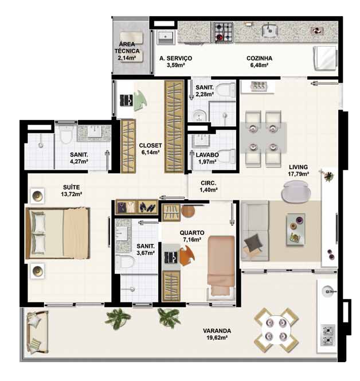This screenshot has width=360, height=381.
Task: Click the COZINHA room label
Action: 259,59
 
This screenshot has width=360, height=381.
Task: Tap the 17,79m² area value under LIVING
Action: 298,174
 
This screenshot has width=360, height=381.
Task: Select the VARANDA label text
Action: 217,331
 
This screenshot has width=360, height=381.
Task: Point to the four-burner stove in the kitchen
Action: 224,32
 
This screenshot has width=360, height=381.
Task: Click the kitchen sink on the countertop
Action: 269,30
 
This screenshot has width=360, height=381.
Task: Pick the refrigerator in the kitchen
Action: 325,58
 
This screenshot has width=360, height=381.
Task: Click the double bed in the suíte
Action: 58,233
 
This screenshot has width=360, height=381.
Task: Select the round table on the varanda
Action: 276,330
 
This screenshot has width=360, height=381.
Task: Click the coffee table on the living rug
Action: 296,230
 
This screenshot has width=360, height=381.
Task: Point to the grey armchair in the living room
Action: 296,192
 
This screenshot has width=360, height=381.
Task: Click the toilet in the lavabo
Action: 227,156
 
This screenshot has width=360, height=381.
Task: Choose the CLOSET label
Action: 150,145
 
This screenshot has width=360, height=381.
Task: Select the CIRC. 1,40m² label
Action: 209,186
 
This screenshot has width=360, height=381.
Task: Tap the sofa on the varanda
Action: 37,332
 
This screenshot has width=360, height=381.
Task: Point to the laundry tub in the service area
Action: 166,37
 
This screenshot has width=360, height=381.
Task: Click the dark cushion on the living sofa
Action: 253,242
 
